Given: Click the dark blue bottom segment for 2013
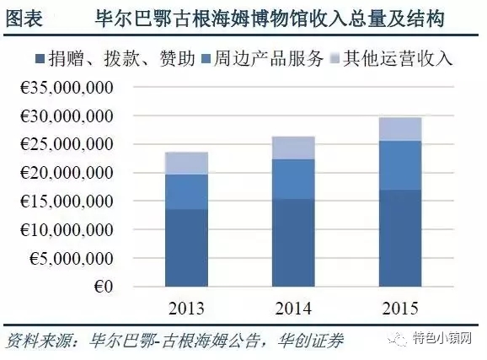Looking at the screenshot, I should tap(186, 248).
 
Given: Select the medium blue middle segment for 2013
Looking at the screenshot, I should tap(186, 191).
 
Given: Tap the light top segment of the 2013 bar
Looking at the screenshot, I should tap(186, 163).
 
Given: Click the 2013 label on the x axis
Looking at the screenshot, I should tap(186, 306).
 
